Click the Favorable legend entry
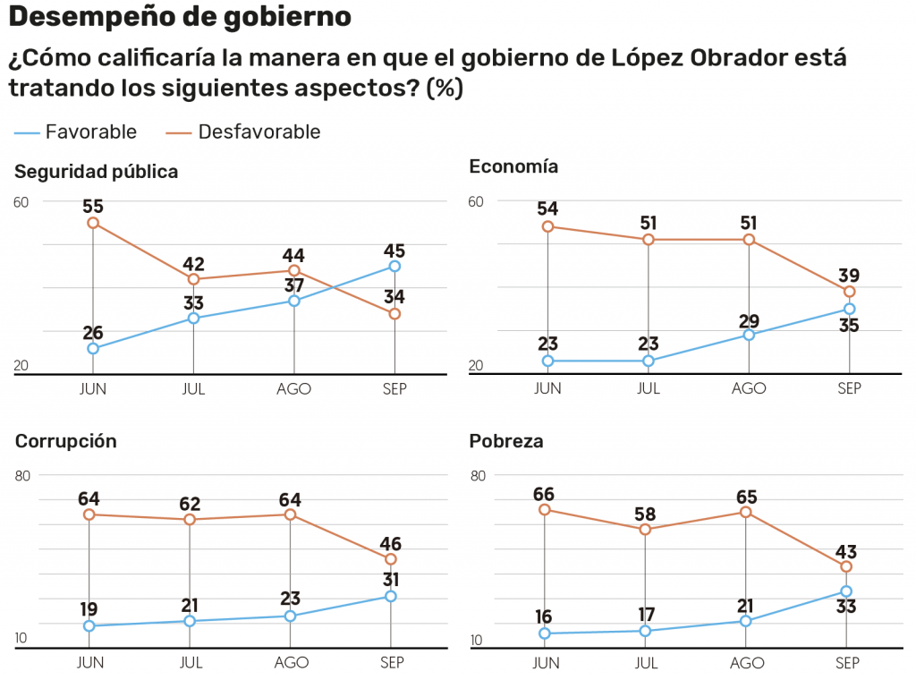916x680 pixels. point(75,132)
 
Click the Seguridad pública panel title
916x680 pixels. point(97,172)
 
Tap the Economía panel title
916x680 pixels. point(513,166)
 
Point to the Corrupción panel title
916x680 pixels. point(66,442)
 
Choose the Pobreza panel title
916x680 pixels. point(506,442)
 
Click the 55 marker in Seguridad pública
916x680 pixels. point(93,223)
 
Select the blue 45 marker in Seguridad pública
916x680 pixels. point(394,266)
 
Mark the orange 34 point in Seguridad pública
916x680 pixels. point(394,314)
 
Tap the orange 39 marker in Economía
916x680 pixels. point(849,292)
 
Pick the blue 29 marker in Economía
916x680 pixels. point(749,335)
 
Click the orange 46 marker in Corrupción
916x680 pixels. point(391,559)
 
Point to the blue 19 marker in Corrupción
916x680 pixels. point(89,625)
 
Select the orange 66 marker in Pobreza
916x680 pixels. point(545,510)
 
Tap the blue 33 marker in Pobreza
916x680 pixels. point(846,591)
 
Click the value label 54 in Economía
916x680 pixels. point(547,208)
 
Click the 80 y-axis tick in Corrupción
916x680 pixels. point(22,475)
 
